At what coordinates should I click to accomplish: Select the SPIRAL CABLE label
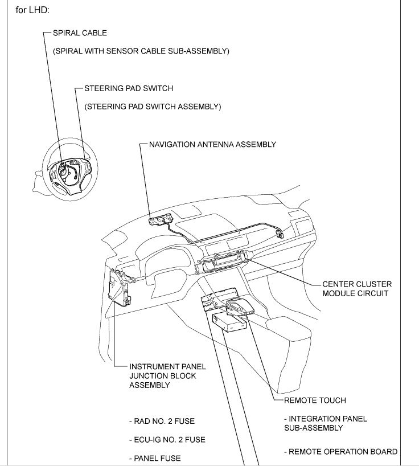click(79, 33)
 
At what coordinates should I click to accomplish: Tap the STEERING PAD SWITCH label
click(128, 88)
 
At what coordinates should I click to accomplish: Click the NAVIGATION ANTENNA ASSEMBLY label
click(212, 144)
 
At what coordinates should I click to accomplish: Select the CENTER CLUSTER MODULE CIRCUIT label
click(357, 289)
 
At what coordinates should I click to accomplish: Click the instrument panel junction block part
click(120, 288)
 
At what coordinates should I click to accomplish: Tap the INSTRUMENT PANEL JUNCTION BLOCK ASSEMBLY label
click(167, 376)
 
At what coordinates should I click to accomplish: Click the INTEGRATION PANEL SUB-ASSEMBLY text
click(325, 423)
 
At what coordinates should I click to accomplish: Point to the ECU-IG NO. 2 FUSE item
click(167, 440)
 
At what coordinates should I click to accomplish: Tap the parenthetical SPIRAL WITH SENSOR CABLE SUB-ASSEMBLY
click(141, 51)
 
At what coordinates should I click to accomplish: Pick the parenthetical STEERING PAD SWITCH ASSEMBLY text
click(153, 107)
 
